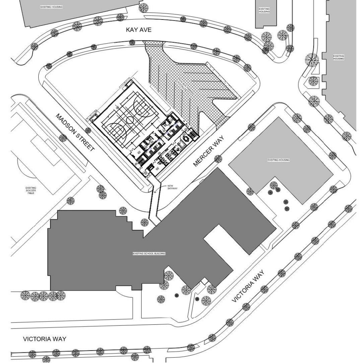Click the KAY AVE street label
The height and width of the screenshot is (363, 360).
(x=138, y=30)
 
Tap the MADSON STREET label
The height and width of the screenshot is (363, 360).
(x=75, y=133)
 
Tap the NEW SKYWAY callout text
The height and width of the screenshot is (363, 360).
(x=172, y=187)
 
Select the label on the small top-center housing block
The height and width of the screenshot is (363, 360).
(x=264, y=10)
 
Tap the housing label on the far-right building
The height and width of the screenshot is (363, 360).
(x=338, y=57)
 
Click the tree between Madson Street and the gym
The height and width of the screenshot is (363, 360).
(x=88, y=130)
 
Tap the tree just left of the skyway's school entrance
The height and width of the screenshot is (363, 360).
(x=144, y=223)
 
